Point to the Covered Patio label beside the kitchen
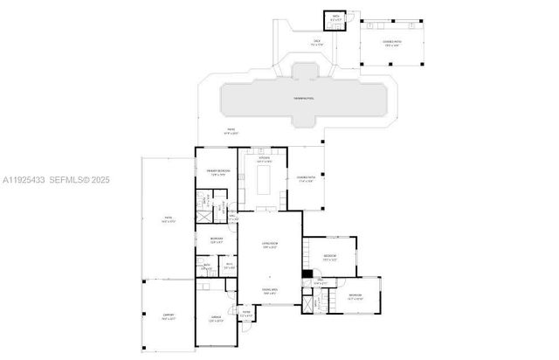click(305, 179)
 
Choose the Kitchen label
click(264, 159)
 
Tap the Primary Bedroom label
click(217, 170)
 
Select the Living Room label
click(269, 246)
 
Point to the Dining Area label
click(269, 291)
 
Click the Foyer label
click(246, 313)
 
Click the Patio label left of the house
click(169, 220)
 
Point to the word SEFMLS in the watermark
click(74, 180)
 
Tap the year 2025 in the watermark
click(101, 180)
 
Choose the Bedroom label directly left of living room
click(217, 239)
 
